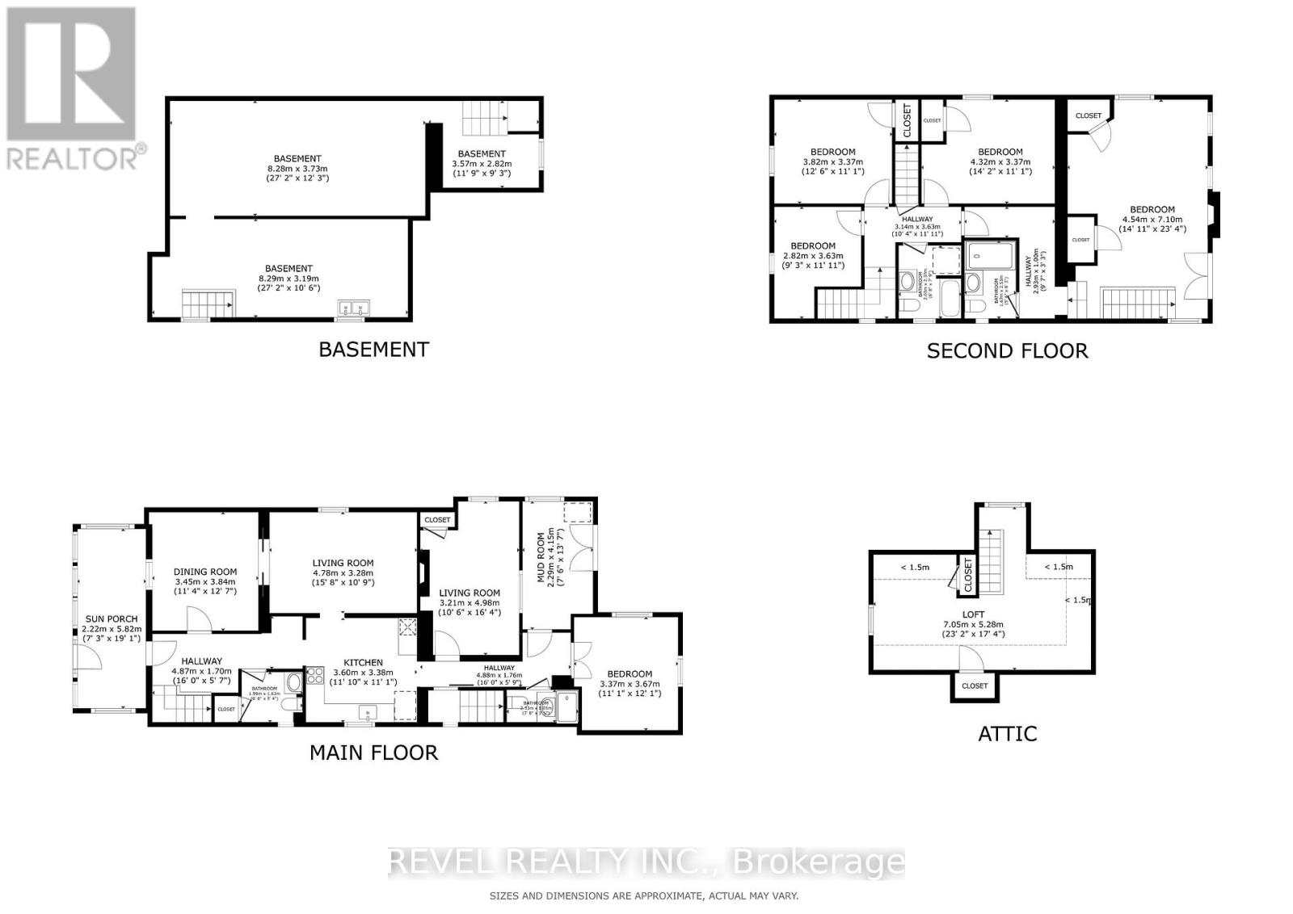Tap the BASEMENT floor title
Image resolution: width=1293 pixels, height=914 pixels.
(x=373, y=350)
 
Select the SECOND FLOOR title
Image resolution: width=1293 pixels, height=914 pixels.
(x=1007, y=350)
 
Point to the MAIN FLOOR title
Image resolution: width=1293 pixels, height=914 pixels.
(x=373, y=753)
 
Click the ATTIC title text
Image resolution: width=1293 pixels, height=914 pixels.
(x=1007, y=733)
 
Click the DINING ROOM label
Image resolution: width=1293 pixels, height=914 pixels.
(x=205, y=572)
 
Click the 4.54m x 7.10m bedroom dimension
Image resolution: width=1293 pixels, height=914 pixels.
(x=1152, y=219)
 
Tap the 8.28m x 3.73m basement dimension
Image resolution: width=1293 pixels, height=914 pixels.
(x=297, y=168)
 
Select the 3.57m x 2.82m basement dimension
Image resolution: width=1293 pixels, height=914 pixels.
(x=482, y=163)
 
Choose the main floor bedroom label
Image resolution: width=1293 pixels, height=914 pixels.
(x=630, y=673)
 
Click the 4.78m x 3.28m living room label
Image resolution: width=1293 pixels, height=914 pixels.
(x=343, y=563)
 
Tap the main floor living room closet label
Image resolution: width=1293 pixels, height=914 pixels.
(x=437, y=520)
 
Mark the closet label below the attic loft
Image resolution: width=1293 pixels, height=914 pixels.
(x=975, y=685)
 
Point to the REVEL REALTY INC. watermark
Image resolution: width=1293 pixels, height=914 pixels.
(x=646, y=862)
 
